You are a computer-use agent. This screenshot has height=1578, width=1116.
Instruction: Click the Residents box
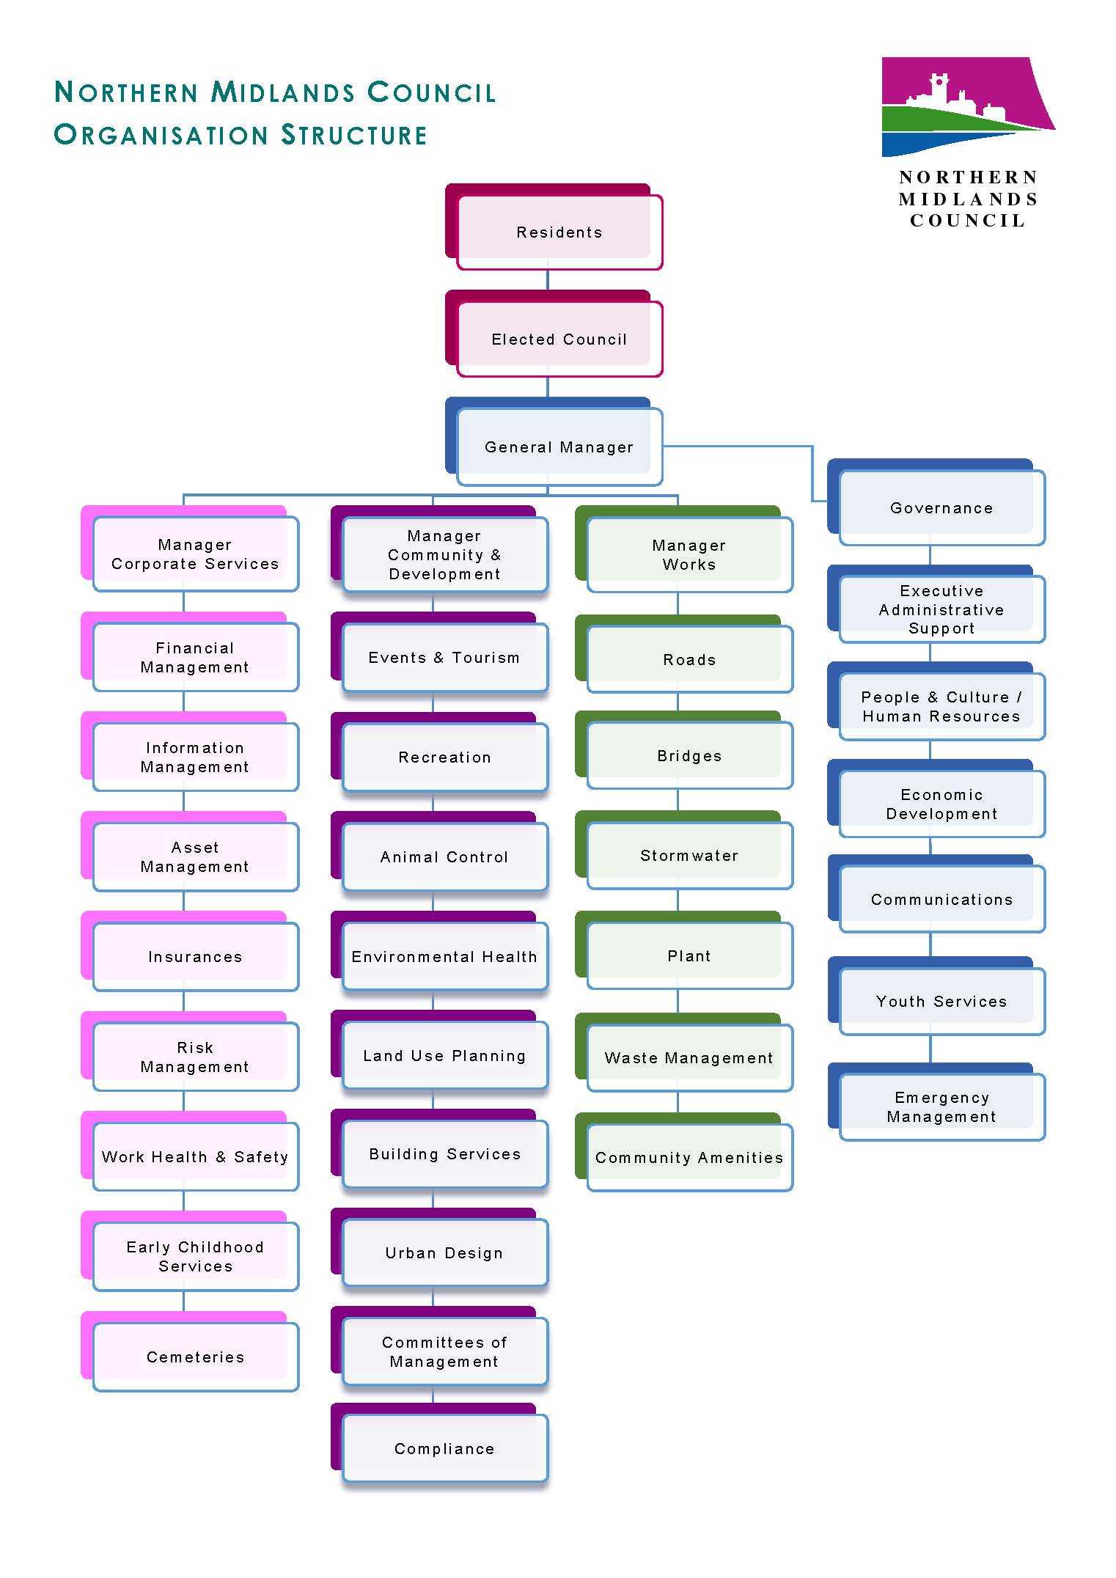click(559, 232)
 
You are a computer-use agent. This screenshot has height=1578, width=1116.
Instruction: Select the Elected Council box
click(559, 339)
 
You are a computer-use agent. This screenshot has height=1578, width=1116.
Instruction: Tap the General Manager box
click(559, 447)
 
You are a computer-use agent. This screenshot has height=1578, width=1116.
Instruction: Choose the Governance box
click(941, 507)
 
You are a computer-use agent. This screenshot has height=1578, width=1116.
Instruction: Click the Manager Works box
click(689, 554)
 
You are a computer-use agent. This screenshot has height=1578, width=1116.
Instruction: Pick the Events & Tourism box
click(444, 657)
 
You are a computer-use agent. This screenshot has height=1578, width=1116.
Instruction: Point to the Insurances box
click(195, 956)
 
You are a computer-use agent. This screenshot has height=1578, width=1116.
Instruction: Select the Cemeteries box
click(195, 1357)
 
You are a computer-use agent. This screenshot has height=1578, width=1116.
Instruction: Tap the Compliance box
click(444, 1448)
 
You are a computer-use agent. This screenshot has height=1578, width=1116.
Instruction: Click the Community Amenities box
click(689, 1157)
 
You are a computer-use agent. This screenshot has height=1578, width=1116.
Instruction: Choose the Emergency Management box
click(941, 1107)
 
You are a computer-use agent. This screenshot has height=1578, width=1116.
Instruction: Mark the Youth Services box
click(941, 1001)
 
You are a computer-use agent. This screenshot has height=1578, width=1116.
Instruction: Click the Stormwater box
click(689, 855)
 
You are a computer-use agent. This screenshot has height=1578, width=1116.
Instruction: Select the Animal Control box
click(444, 856)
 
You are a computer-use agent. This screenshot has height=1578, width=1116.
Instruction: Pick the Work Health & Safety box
click(195, 1156)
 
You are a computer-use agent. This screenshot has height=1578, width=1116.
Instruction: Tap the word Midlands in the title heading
click(283, 92)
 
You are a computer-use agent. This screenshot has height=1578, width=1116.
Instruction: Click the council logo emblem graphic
click(966, 107)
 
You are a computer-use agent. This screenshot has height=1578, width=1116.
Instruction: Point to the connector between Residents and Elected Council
click(548, 280)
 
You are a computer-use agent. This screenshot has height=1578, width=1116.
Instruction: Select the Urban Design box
click(444, 1252)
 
